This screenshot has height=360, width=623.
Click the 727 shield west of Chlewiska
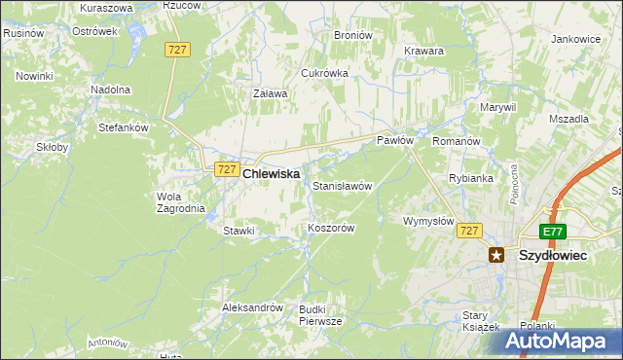[x=225, y=169]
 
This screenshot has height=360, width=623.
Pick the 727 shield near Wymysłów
[x=469, y=231]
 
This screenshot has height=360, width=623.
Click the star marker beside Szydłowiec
[x=496, y=255]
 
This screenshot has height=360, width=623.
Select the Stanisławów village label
[x=343, y=185]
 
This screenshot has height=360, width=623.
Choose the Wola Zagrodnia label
[x=181, y=201]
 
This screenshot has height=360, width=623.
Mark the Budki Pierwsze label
[x=320, y=314]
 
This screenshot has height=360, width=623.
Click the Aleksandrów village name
[x=252, y=306]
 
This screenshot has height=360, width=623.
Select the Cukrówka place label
[x=324, y=73]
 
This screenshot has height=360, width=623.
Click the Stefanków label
[x=123, y=126]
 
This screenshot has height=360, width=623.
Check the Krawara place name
[x=423, y=51]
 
